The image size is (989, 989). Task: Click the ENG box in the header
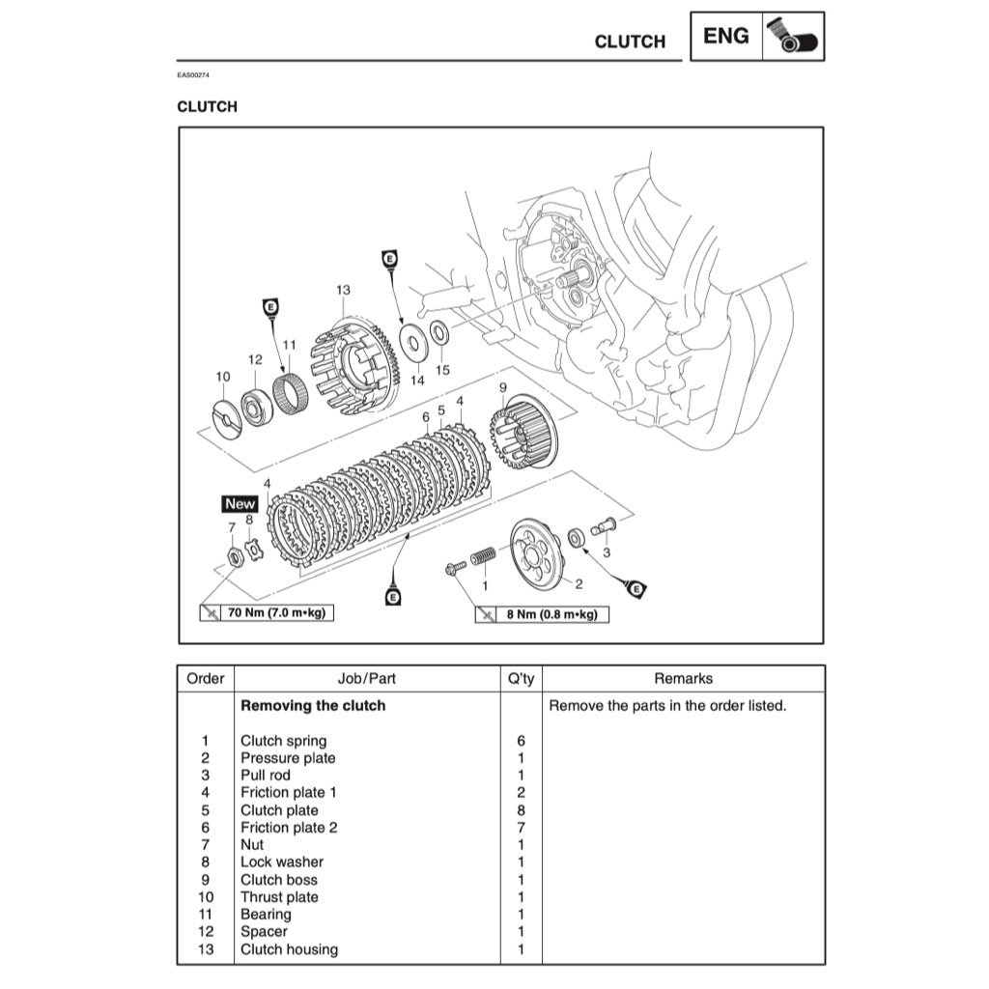[726, 37]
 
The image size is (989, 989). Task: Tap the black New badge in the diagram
[240, 503]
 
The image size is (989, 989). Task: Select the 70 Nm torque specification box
[267, 612]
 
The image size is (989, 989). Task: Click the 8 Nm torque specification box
[543, 614]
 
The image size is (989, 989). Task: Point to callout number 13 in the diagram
[343, 290]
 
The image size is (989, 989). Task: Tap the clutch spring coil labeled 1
[483, 559]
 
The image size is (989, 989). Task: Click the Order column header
[205, 679]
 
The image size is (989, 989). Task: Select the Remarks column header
[683, 679]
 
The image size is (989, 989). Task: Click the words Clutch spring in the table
[283, 741]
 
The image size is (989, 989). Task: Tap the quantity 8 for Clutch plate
[521, 810]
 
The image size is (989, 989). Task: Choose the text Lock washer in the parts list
[282, 862]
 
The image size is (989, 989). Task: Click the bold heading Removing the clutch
[313, 706]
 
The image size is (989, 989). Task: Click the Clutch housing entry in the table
[289, 949]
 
